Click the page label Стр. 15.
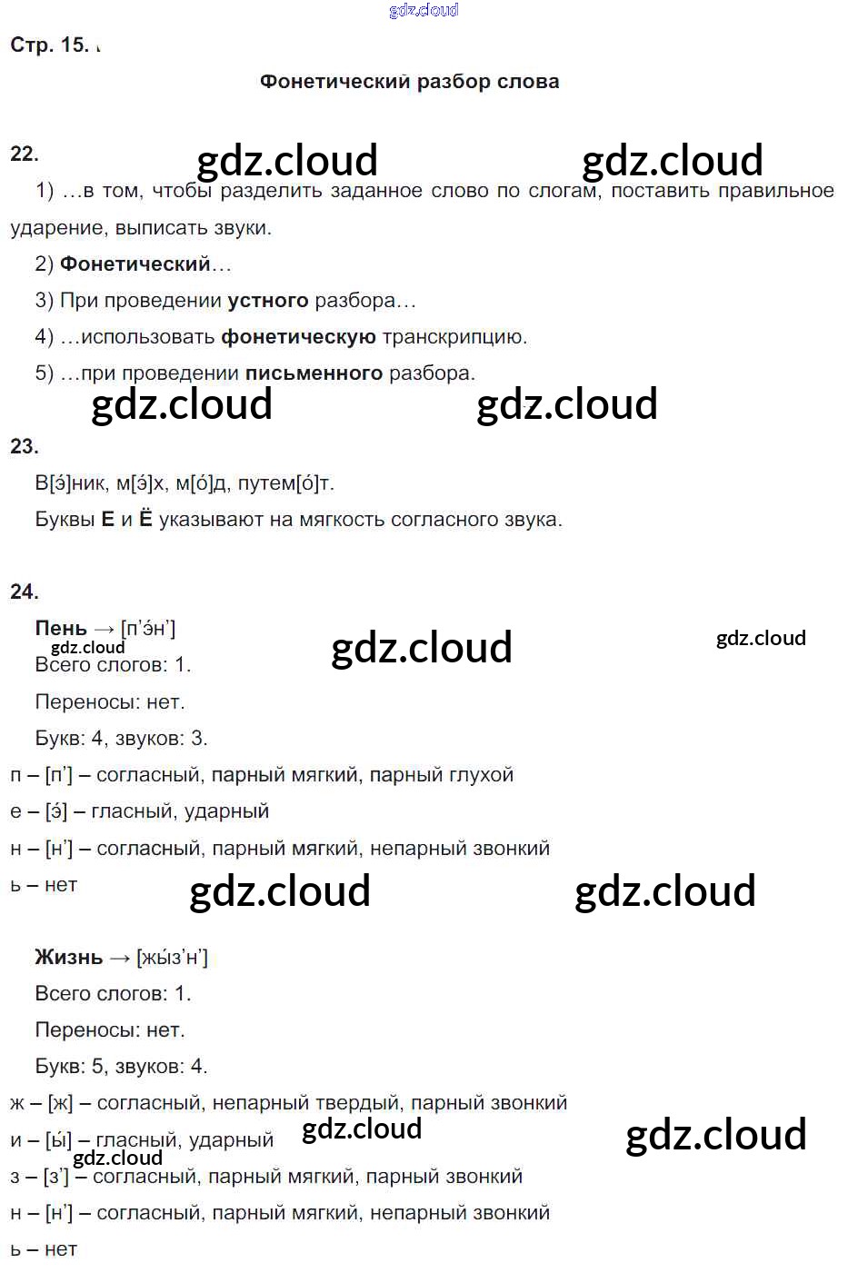49,45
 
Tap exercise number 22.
25,154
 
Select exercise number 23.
25,446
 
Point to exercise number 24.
25,592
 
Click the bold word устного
268,301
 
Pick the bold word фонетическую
298,337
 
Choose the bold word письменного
314,373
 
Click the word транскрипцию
454,337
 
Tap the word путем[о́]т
285,483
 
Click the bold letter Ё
145,520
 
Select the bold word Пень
61,628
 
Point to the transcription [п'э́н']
148,628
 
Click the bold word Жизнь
68,957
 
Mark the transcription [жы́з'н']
172,957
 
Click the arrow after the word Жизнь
120,958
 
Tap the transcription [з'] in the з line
56,1177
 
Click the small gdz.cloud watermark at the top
424,10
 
